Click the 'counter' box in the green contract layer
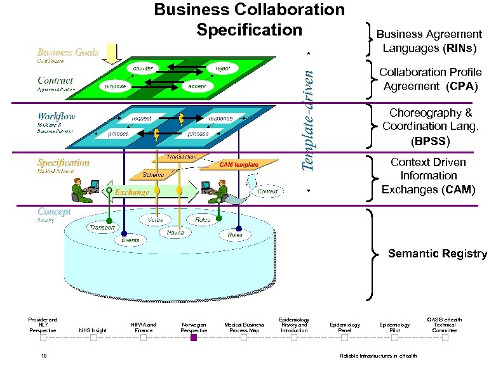pyautogui.click(x=143, y=68)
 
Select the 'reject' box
pyautogui.click(x=222, y=68)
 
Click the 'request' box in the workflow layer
pyautogui.click(x=141, y=119)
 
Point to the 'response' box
pyautogui.click(x=220, y=119)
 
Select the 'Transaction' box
pyautogui.click(x=181, y=157)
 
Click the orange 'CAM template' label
pyautogui.click(x=239, y=165)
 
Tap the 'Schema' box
pyautogui.click(x=154, y=174)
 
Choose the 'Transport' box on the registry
pyautogui.click(x=102, y=227)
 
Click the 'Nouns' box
pyautogui.click(x=175, y=233)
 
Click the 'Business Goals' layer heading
pyautogui.click(x=68, y=52)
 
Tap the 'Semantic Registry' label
pyautogui.click(x=437, y=254)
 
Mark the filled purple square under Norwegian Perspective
pyautogui.click(x=194, y=338)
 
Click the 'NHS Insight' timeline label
pyautogui.click(x=93, y=330)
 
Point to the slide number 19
pyautogui.click(x=43, y=356)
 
